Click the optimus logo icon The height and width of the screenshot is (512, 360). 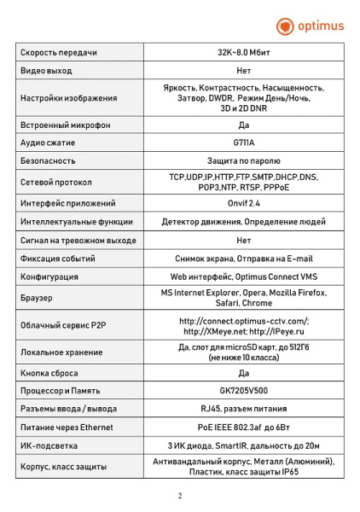285,26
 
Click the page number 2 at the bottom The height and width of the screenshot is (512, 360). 179,495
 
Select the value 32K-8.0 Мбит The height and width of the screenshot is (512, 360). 243,53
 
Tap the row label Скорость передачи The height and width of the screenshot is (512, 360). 56,53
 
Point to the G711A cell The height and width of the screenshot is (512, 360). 243,143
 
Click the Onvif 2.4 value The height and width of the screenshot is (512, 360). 243,204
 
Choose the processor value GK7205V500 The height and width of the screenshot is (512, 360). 243,391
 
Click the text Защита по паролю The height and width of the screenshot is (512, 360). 243,160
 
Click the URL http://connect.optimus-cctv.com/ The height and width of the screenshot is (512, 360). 243,321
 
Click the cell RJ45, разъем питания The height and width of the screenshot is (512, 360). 243,409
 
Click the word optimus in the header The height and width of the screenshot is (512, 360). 320,26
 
